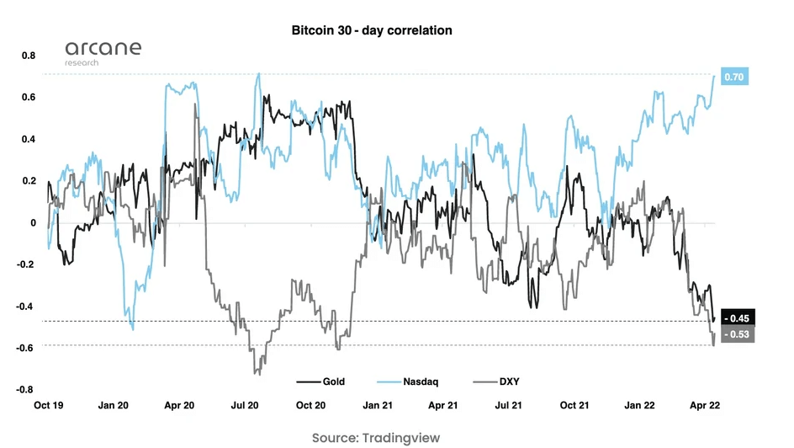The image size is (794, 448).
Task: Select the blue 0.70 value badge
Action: pos(735,77)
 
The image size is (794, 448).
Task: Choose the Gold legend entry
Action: pos(321,381)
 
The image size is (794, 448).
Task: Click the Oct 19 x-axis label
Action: pos(49,405)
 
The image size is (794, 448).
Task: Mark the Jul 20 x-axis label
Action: pos(245,405)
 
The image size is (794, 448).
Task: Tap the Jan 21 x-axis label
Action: pos(377,405)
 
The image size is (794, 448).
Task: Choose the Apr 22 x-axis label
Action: pos(705,405)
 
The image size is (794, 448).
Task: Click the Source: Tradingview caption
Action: pos(375,437)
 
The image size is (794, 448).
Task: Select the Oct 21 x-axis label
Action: pos(574,405)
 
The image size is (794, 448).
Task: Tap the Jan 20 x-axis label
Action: pos(114,405)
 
